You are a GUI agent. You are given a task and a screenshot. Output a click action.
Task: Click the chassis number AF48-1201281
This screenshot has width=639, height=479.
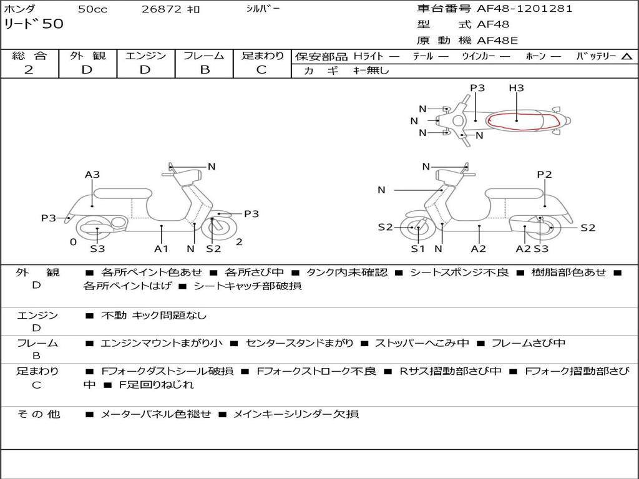[524, 9]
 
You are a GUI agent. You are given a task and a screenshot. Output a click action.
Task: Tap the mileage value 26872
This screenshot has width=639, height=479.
[162, 9]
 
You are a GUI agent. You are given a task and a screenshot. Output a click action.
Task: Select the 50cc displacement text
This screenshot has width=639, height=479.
[92, 9]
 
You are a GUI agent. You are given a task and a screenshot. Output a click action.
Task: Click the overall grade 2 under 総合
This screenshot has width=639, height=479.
[29, 69]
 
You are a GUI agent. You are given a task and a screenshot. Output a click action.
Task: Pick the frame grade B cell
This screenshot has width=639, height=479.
[204, 69]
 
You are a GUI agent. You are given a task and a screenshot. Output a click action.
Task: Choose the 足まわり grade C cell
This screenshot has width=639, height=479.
[261, 69]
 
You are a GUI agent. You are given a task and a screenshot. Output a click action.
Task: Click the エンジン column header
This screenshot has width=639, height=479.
[146, 56]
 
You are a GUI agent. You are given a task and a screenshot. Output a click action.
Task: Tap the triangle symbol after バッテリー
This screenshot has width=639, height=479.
[626, 57]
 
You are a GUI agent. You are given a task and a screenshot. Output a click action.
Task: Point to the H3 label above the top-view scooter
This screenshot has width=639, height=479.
[516, 88]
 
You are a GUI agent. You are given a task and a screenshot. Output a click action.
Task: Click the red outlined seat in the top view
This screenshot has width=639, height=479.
[517, 121]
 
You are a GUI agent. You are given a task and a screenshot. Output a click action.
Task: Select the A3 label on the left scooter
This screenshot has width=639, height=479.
[92, 175]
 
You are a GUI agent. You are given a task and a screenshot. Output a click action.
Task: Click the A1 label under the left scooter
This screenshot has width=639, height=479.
[162, 249]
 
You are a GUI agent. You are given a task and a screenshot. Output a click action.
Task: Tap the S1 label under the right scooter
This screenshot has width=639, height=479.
[417, 249]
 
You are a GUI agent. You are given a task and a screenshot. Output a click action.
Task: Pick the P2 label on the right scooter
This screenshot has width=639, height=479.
[544, 175]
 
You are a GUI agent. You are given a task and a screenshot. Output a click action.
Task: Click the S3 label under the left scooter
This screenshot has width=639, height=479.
[97, 249]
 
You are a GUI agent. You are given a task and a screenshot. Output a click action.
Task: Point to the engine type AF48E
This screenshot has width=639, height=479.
[498, 41]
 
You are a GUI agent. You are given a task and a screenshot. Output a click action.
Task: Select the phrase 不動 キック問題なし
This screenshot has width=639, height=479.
[154, 316]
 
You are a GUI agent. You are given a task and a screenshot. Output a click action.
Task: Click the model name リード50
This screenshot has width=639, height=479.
[34, 24]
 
